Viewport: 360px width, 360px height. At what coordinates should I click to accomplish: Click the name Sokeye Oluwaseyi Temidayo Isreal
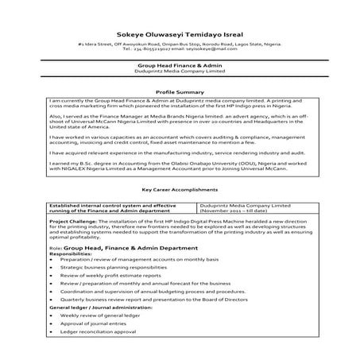pos(180,34)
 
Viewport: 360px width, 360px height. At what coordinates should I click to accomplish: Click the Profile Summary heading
pos(180,93)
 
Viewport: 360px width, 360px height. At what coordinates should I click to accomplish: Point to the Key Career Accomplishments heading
pos(180,190)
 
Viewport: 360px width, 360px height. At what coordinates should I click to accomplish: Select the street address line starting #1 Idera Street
pos(180,45)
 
